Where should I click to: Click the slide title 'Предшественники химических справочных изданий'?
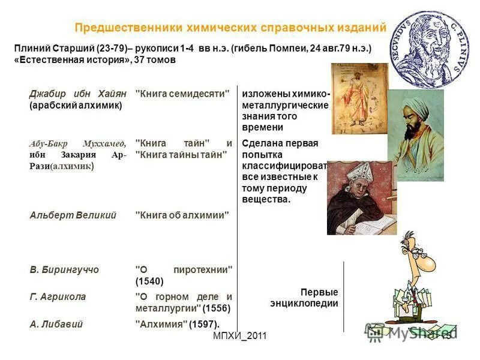click(x=230, y=28)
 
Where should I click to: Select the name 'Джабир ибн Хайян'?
click(x=78, y=94)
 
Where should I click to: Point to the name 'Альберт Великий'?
click(x=73, y=215)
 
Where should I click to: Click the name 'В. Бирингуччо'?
click(x=64, y=270)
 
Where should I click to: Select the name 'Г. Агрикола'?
click(x=58, y=296)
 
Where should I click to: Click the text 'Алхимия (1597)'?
click(x=171, y=323)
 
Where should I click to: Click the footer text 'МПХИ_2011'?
click(x=239, y=337)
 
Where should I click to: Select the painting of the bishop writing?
click(x=361, y=198)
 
